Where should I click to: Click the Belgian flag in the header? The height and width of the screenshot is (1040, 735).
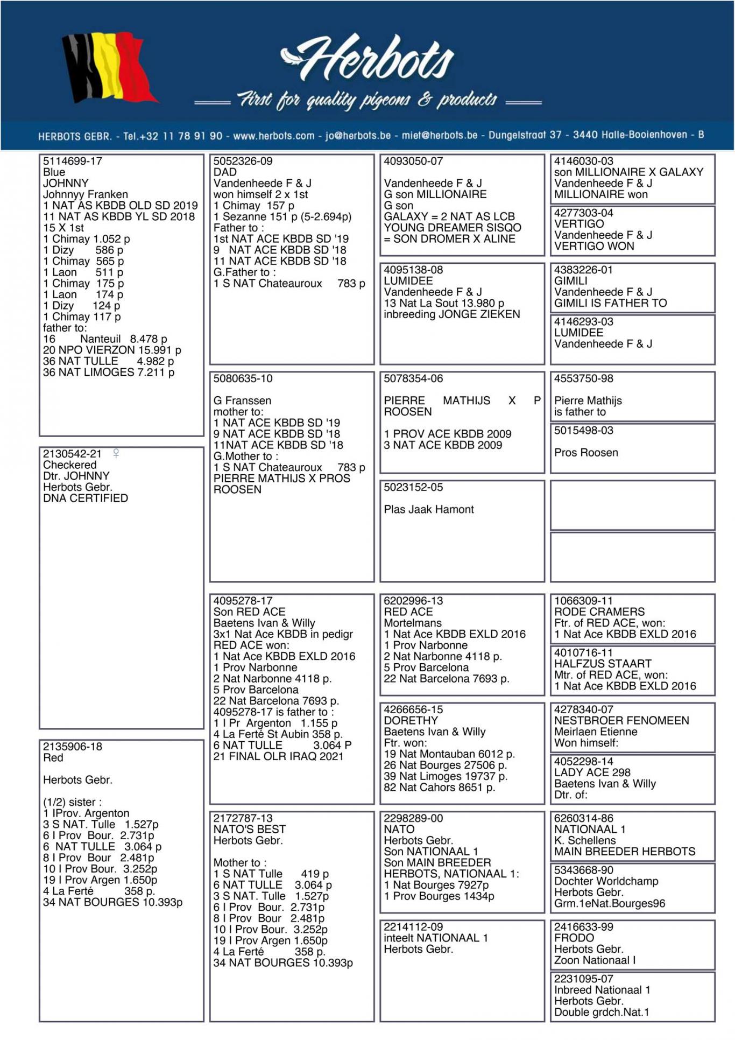point(108,67)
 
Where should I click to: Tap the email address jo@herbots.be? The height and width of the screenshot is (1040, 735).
point(358,135)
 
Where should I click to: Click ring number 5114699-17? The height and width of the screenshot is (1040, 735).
point(73,161)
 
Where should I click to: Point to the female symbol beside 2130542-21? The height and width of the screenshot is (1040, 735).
point(116,453)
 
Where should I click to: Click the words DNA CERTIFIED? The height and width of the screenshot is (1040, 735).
point(86,498)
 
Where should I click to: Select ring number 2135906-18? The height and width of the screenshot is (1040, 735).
point(73,747)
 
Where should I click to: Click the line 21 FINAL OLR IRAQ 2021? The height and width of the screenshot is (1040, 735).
point(278,756)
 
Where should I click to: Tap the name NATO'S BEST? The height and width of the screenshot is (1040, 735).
point(249,829)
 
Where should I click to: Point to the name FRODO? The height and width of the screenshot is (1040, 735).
point(574,938)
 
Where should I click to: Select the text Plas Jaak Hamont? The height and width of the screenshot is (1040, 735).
point(429,509)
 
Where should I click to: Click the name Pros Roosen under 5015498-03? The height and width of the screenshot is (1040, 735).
point(586,453)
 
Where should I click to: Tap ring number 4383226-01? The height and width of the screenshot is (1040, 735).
point(584,270)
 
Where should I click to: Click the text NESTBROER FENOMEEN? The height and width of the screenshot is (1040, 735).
point(621,720)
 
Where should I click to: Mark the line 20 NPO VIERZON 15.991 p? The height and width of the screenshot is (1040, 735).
point(112,350)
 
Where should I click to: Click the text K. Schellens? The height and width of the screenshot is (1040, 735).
point(585,840)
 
